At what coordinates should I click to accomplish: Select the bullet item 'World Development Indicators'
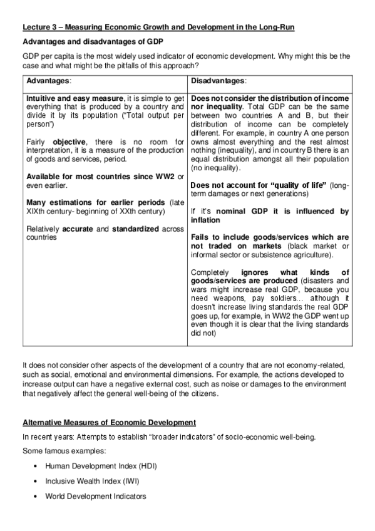tap(96, 497)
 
